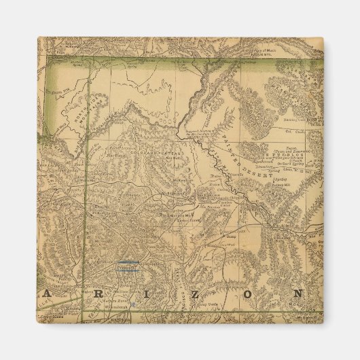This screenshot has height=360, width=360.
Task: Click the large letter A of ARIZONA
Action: tap(46, 293)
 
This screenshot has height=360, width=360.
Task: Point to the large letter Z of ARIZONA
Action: tap(175, 293)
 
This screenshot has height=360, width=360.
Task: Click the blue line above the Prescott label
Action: tap(126, 262)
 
